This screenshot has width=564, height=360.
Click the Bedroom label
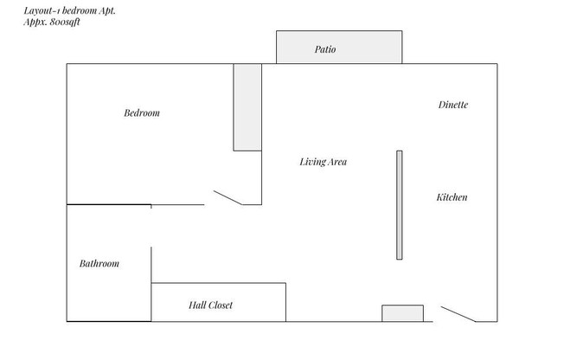click(142, 113)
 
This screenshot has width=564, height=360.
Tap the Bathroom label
click(99, 264)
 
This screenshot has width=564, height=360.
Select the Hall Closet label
click(210, 305)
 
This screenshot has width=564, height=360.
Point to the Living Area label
click(324, 162)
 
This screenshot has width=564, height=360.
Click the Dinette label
click(453, 105)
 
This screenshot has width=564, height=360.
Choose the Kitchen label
click(452, 197)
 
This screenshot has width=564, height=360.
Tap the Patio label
click(325, 50)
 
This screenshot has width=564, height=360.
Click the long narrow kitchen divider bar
click(400, 205)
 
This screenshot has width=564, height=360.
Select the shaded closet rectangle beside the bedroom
click(247, 106)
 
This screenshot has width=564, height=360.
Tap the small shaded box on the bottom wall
click(403, 313)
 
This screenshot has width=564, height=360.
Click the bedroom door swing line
click(228, 198)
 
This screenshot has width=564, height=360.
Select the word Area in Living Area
click(336, 162)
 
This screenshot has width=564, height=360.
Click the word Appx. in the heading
click(35, 22)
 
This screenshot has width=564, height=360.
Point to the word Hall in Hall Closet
click(195, 305)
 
